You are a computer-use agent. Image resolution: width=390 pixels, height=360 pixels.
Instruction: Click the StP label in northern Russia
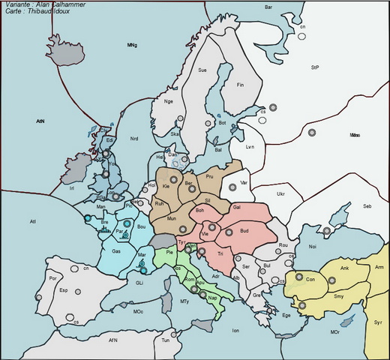[315, 67]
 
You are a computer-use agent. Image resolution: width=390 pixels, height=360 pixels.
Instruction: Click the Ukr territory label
[280, 194]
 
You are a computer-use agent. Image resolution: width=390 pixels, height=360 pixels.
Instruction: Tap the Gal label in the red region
[236, 206]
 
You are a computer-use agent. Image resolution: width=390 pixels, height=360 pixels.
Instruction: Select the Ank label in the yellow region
[345, 268]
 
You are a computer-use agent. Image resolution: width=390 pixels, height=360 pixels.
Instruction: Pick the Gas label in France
[116, 251]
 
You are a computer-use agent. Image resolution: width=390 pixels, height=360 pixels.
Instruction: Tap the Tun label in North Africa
[166, 340]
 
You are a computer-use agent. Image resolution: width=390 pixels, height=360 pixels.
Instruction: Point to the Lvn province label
[250, 147]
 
